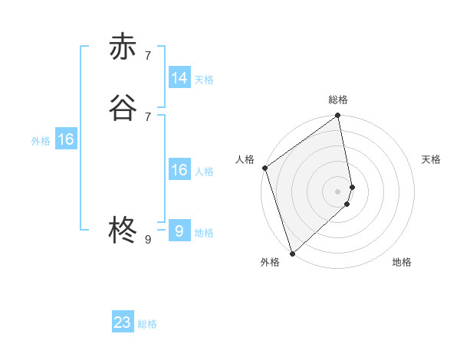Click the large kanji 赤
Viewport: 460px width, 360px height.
coord(123,47)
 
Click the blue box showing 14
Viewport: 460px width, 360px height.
coord(179,78)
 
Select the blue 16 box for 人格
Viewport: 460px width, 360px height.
coord(179,170)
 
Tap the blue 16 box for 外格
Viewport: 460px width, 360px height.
coord(66,139)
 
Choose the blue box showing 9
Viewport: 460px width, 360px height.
coord(179,231)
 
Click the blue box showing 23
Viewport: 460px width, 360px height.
coord(123,322)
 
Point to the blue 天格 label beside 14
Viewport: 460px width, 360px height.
coord(204,80)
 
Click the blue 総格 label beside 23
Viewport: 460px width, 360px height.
coord(148,324)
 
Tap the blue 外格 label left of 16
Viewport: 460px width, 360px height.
coord(41,141)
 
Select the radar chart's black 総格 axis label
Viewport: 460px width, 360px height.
coord(338,100)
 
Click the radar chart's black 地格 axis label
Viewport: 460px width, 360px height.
coord(402,263)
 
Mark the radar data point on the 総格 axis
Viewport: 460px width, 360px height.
coord(338,116)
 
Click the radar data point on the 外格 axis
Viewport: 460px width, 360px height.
coord(292,253)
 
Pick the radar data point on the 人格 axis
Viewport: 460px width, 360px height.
coord(264,168)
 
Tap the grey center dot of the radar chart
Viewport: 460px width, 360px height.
coord(338,191)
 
